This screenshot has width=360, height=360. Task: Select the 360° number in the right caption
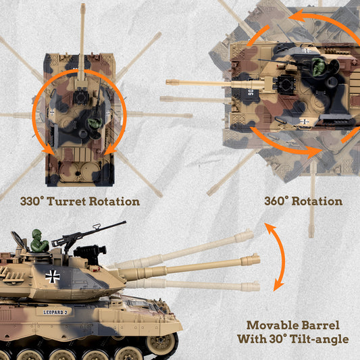(280, 201)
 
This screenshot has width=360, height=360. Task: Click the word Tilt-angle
(317, 338)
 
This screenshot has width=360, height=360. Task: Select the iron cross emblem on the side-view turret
(52, 275)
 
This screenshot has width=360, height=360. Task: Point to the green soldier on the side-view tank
(39, 240)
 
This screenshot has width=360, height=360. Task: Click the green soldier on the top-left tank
(95, 124)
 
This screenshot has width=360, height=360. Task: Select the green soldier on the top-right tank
(318, 67)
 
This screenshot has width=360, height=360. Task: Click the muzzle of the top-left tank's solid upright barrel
(82, 8)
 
